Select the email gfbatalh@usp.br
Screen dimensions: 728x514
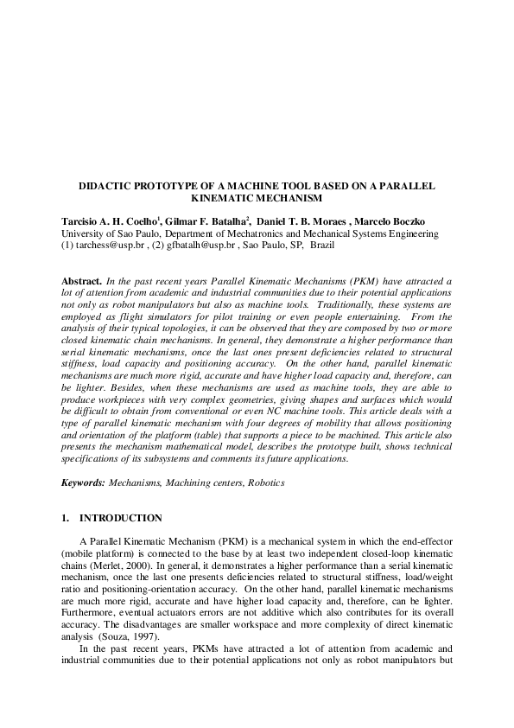[191, 246]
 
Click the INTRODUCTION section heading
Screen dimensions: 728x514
[120, 519]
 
